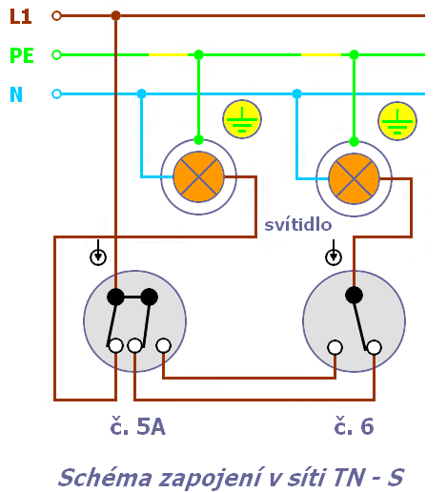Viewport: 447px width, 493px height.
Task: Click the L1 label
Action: point(21,16)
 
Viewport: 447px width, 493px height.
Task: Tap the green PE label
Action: point(22,55)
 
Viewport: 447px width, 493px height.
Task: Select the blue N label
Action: point(16,94)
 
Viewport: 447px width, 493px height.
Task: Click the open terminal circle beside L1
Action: point(56,15)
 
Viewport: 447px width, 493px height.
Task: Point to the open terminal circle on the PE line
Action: point(56,55)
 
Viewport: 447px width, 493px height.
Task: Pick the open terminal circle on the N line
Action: point(56,94)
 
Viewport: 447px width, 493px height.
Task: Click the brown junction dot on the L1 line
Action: point(115,15)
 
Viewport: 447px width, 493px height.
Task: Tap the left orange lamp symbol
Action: point(198,176)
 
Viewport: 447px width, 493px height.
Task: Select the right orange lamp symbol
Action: point(354,178)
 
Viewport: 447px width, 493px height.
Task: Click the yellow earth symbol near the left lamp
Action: point(242,119)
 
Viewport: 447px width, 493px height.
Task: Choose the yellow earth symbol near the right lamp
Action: point(397,121)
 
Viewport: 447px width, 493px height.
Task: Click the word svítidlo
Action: point(298,225)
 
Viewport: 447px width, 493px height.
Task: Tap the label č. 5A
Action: point(137,426)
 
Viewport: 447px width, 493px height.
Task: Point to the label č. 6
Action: point(354,426)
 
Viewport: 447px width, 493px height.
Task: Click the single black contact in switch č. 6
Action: point(354,295)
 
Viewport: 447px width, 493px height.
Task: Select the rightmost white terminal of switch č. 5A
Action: point(164,346)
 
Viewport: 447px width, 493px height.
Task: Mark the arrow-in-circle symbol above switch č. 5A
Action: point(98,254)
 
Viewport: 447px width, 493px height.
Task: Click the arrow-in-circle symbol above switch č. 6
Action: point(334,254)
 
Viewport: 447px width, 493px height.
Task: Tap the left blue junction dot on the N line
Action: point(141,94)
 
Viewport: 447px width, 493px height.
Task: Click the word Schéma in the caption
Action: point(106,478)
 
